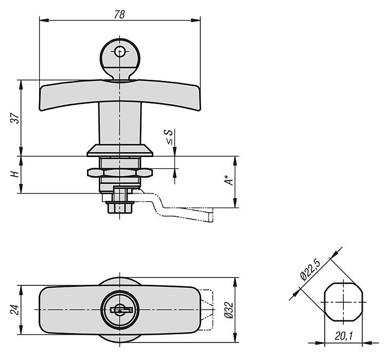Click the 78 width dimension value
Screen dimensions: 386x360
coord(119,14)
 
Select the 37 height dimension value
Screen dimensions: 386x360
coord(15,118)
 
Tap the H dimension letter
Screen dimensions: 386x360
coord(15,175)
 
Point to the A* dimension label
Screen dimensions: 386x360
coord(229,180)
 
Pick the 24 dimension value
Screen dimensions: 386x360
coord(15,310)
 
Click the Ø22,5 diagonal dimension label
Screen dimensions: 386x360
coord(310,270)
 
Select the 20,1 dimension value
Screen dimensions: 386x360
coord(344,336)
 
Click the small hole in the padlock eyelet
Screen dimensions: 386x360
coord(120,52)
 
